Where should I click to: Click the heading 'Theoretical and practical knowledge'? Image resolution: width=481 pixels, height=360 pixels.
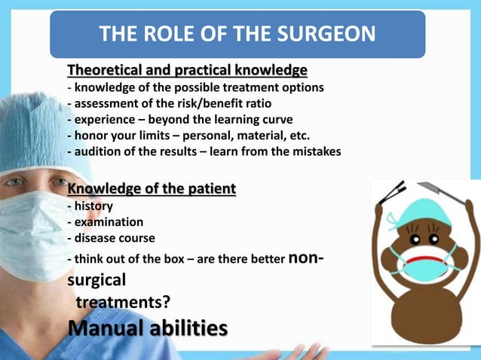pos(187,71)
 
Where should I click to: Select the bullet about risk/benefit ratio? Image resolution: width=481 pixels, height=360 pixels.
pos(170,103)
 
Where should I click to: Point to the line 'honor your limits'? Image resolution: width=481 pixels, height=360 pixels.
pos(188,135)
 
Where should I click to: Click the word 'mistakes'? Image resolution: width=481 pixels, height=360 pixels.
pos(314,151)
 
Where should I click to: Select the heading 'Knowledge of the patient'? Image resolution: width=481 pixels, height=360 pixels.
pos(152,188)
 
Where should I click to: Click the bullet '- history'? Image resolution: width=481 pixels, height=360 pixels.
pos(90,206)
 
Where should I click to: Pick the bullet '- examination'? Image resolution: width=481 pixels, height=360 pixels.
pos(105,221)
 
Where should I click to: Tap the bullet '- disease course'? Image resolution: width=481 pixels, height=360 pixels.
pos(111,238)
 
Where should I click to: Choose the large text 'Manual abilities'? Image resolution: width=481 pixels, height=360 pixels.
pos(147,329)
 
